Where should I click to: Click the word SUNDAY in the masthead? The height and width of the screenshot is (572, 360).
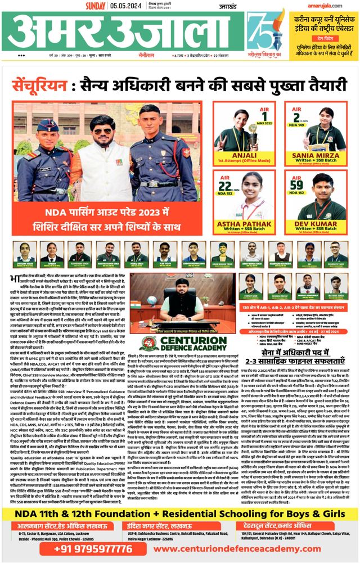click(96, 6)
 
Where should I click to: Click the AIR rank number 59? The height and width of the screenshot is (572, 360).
click(296, 184)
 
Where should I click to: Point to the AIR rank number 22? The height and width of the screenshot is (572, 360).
click(225, 184)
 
